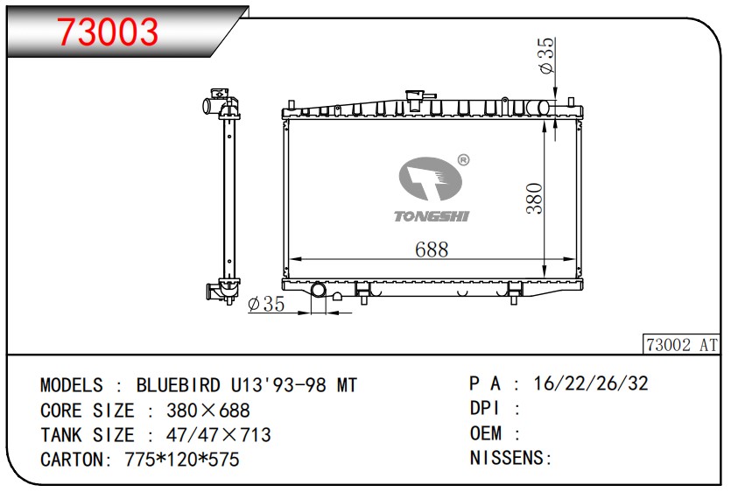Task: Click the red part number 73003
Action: [x=108, y=32]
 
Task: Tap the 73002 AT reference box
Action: [x=681, y=345]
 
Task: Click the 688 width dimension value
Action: [x=432, y=250]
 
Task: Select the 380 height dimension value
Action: [x=534, y=199]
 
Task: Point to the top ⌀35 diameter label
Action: [x=547, y=55]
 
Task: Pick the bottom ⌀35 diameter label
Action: [x=266, y=304]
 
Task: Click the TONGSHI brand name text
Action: [x=432, y=216]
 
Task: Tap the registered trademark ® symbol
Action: [x=463, y=160]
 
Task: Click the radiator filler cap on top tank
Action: [x=414, y=99]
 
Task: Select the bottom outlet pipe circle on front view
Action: [x=319, y=290]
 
